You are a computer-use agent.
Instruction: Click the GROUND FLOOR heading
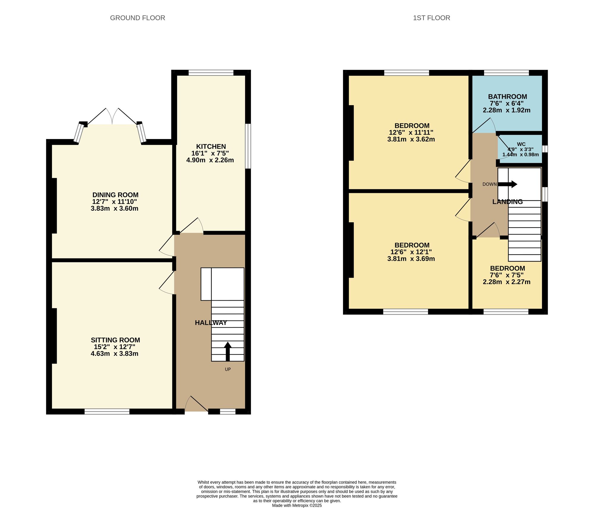pos(138,18)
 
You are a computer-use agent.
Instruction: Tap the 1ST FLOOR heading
pos(431,18)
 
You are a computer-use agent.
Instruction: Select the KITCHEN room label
pos(211,146)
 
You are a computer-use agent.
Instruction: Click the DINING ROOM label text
pos(115,195)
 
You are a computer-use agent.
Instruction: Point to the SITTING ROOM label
pos(115,340)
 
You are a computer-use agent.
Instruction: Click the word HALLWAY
pos(211,323)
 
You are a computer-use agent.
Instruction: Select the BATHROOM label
pos(507,97)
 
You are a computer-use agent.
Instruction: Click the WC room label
pos(521,144)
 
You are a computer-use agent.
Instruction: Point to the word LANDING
pos(507,202)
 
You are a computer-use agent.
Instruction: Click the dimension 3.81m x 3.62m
pos(411,139)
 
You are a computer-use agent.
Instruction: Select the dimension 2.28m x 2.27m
pos(506,282)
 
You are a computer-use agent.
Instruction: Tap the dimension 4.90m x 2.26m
pos(210,160)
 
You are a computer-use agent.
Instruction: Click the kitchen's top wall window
pos(211,72)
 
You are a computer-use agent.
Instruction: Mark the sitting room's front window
pos(107,411)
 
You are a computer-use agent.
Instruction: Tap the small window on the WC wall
pos(545,149)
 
